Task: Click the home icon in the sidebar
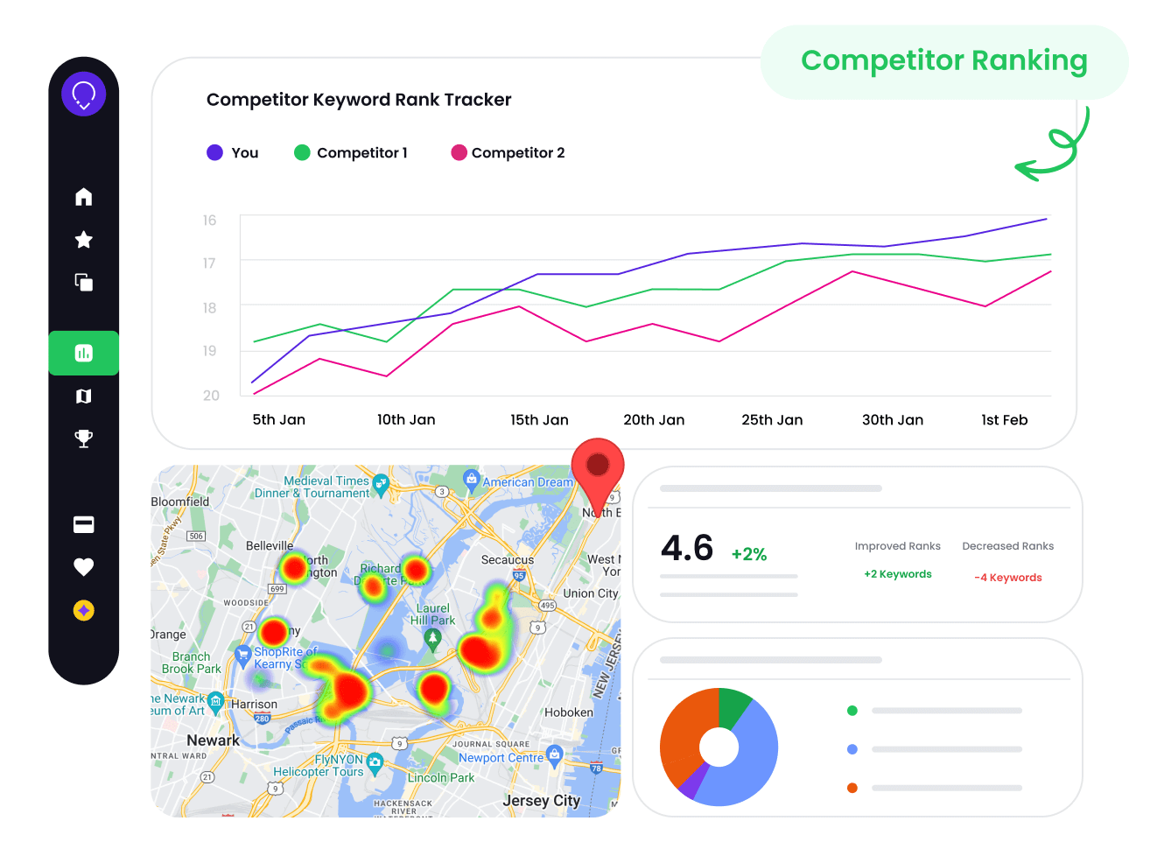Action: pos(83,197)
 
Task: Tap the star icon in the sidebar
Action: pos(83,240)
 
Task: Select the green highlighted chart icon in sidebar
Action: pos(83,353)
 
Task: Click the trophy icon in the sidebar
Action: pos(83,439)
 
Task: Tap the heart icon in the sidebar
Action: pos(83,567)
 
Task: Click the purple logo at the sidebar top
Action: pos(83,94)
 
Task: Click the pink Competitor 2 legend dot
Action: pos(459,153)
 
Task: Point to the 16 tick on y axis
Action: pos(209,221)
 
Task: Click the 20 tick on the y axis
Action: pos(211,396)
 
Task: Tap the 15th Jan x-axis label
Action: pos(539,420)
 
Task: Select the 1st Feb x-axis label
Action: pos(1004,420)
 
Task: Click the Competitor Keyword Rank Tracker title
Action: pos(359,100)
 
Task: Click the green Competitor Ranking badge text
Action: pos(943,60)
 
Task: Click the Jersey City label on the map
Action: pos(541,800)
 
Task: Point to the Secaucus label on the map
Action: pos(507,559)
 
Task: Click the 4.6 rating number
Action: pos(687,549)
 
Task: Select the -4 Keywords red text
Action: pos(1007,578)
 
